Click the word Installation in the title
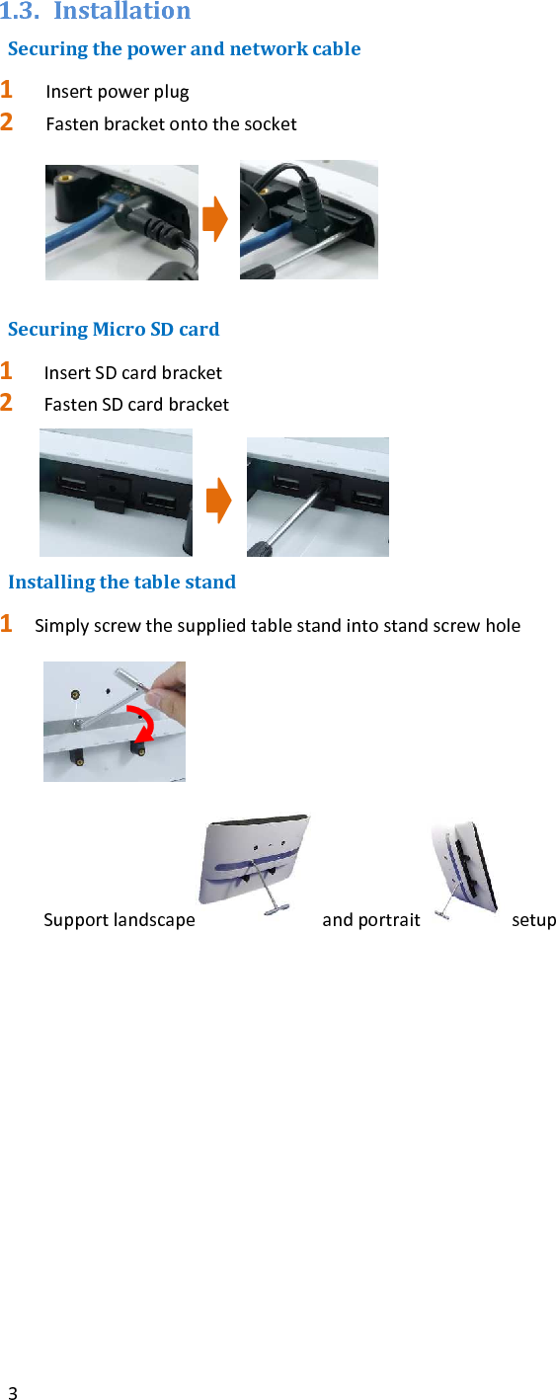[x=121, y=12]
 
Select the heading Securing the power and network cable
[x=184, y=48]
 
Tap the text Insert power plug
[x=118, y=92]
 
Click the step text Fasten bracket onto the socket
[x=171, y=124]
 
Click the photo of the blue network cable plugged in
[x=120, y=222]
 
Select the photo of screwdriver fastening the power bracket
[x=308, y=220]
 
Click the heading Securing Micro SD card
[x=114, y=329]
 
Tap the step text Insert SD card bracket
[x=132, y=373]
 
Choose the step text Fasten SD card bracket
[x=136, y=405]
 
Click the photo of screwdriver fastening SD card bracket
[x=317, y=497]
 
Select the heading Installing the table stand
[x=121, y=582]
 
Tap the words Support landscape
[x=119, y=920]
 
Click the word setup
[x=533, y=920]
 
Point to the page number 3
[x=12, y=1393]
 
